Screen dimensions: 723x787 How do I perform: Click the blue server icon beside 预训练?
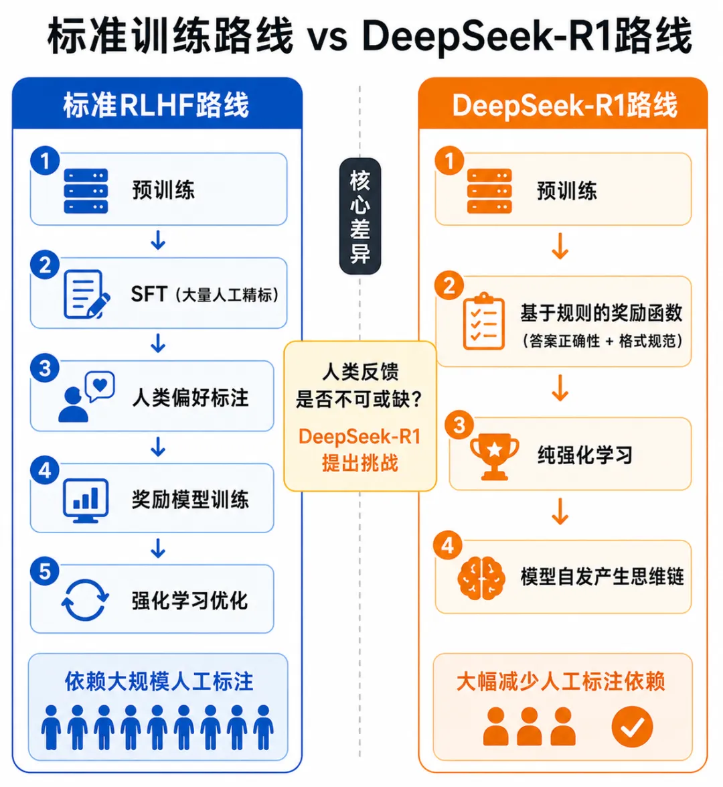click(86, 191)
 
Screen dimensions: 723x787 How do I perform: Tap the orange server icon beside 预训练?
click(489, 191)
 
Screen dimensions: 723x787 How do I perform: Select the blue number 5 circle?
click(45, 571)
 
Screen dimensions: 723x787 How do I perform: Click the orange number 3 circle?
click(459, 425)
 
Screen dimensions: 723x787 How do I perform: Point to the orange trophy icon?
click(494, 456)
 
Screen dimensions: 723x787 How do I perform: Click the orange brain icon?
click(481, 578)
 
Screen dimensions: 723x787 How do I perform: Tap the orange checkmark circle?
click(632, 726)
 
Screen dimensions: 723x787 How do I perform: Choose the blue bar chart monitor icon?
click(86, 500)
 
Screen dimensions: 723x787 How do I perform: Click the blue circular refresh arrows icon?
click(85, 599)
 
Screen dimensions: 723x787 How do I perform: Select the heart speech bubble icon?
click(100, 386)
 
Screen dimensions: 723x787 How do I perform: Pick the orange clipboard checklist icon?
click(483, 321)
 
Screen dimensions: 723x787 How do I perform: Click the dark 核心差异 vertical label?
click(360, 216)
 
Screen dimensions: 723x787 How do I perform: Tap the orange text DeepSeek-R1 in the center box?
click(359, 437)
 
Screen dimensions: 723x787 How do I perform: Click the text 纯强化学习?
click(585, 455)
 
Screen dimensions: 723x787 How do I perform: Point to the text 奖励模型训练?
click(190, 500)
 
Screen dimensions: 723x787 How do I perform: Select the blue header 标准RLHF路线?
click(156, 105)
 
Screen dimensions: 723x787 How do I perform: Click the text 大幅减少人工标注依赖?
click(561, 681)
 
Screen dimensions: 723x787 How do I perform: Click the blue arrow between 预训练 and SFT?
click(158, 240)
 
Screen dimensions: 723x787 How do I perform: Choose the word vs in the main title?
click(327, 37)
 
